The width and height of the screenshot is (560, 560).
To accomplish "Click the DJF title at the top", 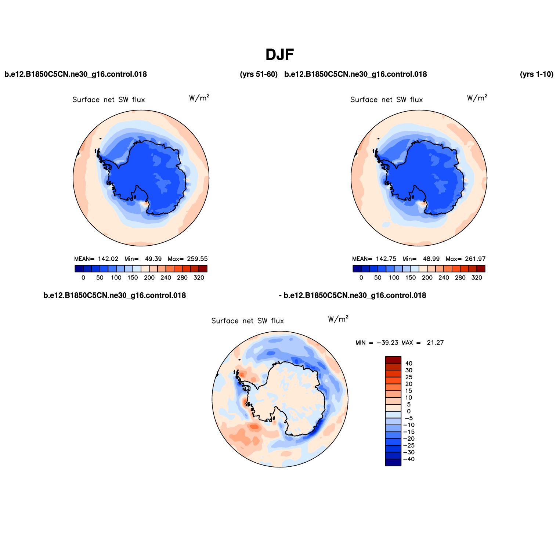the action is pyautogui.click(x=280, y=55).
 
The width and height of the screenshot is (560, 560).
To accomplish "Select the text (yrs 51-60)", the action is pyautogui.click(x=259, y=74).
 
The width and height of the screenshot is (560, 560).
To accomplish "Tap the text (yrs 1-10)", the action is pyautogui.click(x=536, y=74).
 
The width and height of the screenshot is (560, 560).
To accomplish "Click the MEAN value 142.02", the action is pyautogui.click(x=108, y=259).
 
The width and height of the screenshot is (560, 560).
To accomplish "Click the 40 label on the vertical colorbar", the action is pyautogui.click(x=409, y=364).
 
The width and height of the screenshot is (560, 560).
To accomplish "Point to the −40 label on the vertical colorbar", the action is pyautogui.click(x=409, y=459).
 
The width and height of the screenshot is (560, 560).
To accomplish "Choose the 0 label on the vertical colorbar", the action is pyautogui.click(x=409, y=411).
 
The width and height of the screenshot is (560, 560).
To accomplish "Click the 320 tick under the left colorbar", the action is pyautogui.click(x=199, y=278).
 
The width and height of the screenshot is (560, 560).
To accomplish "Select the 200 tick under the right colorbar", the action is pyautogui.click(x=427, y=278).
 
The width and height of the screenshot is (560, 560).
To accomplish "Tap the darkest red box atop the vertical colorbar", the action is pyautogui.click(x=393, y=360).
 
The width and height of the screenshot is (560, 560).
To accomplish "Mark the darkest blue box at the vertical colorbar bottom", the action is pyautogui.click(x=393, y=462).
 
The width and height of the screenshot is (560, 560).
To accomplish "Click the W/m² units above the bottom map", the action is pyautogui.click(x=338, y=319).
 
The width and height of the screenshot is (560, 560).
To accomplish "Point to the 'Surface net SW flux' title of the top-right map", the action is pyautogui.click(x=387, y=100).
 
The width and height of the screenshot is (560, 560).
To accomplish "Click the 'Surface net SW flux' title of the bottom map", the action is pyautogui.click(x=248, y=321).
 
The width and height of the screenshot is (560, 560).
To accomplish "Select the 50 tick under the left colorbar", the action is pyautogui.click(x=100, y=278).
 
